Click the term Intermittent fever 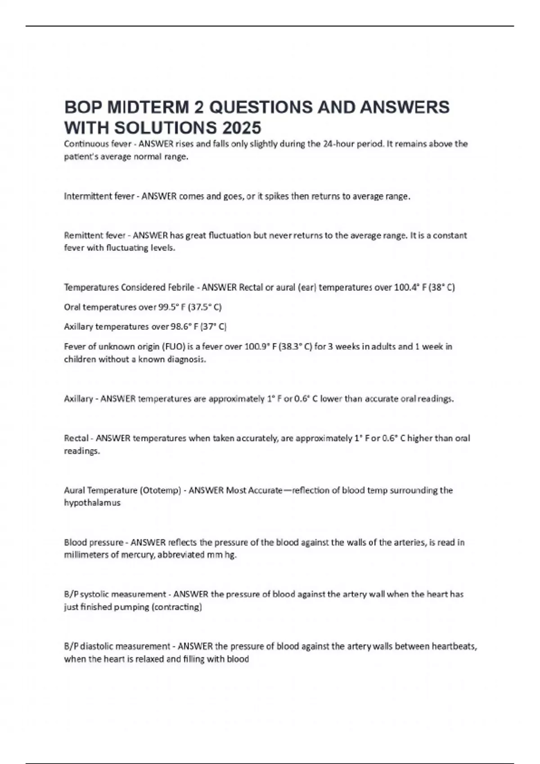99,196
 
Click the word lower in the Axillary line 331,399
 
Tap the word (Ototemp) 161,490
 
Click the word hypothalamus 92,503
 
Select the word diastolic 96,646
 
